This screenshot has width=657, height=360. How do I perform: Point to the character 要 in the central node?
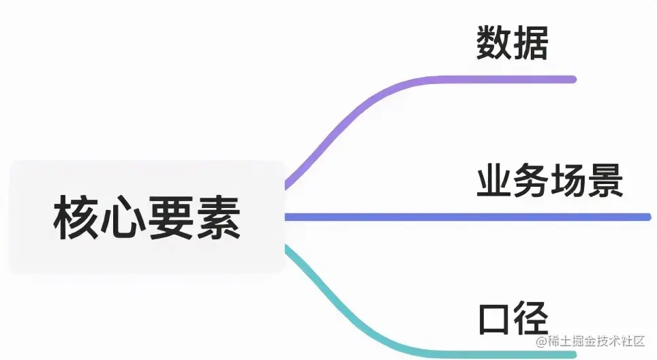(170, 217)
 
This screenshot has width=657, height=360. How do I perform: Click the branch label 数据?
(512, 43)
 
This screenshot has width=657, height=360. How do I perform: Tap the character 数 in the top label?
(493, 43)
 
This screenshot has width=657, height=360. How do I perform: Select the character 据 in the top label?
(530, 43)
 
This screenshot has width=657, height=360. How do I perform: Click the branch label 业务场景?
(549, 181)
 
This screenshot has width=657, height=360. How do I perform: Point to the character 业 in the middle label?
(494, 181)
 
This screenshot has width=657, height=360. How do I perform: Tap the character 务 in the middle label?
(531, 181)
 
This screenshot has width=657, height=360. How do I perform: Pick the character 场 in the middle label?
(568, 181)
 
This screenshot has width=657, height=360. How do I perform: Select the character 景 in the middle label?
(605, 181)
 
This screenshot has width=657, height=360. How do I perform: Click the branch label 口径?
(513, 318)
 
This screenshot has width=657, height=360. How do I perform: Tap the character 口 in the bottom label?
(494, 318)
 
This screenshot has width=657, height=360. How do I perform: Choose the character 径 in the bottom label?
(531, 318)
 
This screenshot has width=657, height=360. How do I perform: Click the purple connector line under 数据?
(491, 79)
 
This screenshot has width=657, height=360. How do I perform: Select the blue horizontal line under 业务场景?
(477, 217)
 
